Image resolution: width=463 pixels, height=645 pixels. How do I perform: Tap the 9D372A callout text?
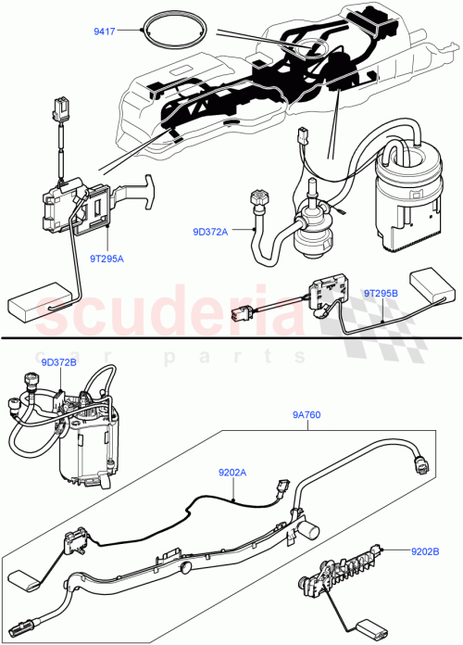(210, 232)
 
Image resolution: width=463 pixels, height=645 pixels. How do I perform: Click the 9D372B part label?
(60, 362)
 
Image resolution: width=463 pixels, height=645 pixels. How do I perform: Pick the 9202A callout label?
(232, 473)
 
